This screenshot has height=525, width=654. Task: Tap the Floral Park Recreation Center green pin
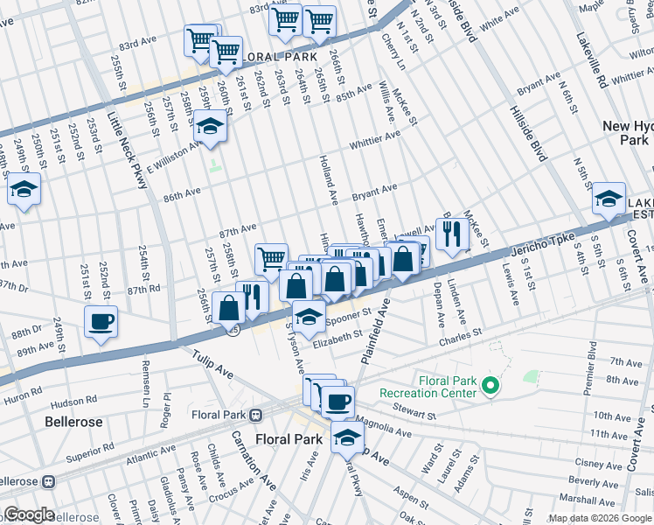click(491, 385)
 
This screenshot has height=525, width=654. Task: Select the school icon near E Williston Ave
click(209, 128)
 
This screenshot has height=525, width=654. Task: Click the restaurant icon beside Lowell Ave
click(451, 234)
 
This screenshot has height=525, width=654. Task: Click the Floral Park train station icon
click(256, 416)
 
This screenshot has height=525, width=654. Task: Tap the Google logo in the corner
click(29, 514)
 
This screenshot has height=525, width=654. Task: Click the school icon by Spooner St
click(309, 316)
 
